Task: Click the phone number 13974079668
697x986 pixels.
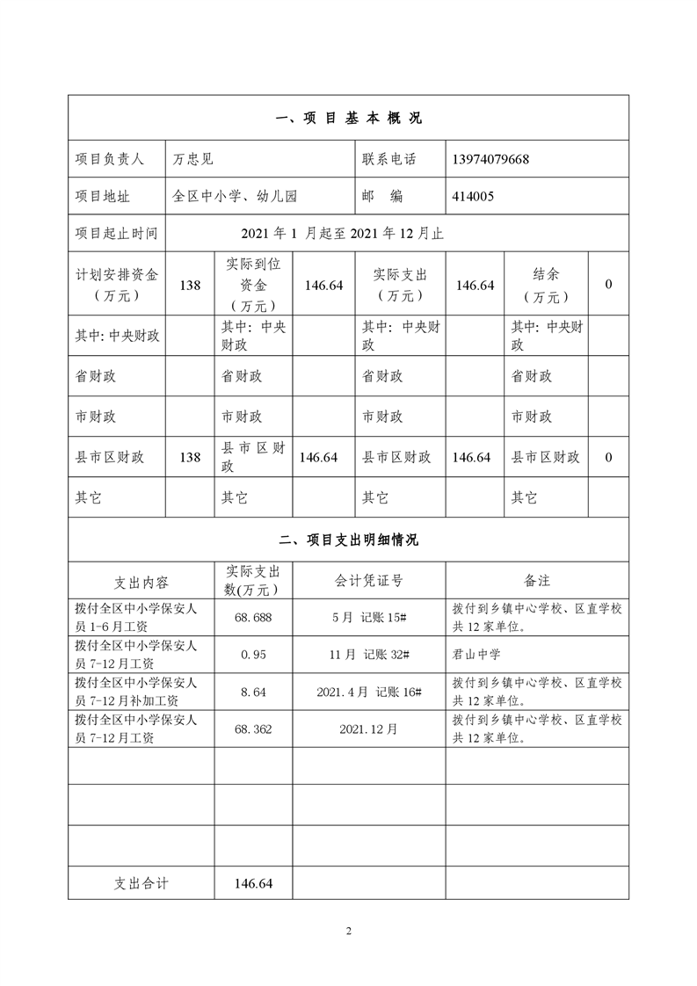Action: pos(490,160)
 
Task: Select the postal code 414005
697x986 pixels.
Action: pos(473,197)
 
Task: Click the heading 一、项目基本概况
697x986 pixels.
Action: pos(348,119)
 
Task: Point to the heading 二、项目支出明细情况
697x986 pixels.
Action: pos(348,540)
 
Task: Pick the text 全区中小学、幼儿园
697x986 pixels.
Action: pos(236,197)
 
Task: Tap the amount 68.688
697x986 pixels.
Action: pos(253,617)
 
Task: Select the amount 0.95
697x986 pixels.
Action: pos(253,654)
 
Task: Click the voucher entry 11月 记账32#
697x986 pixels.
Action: pos(369,654)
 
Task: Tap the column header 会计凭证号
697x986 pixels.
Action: pos(369,580)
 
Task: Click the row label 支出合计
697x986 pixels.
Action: pos(142,883)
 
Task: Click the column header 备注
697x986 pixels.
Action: pos(537,580)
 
